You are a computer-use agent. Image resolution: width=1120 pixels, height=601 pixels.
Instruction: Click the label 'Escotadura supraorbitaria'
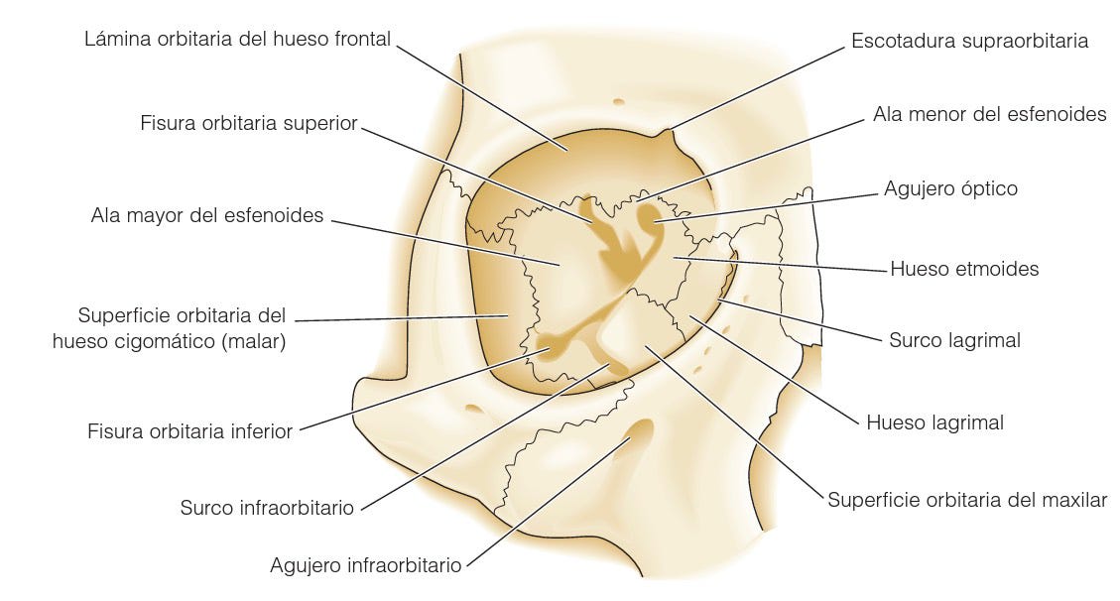click(969, 41)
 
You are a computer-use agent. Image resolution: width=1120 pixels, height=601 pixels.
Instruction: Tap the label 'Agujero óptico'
click(950, 188)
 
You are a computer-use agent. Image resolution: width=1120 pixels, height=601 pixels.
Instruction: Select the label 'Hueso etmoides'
click(964, 269)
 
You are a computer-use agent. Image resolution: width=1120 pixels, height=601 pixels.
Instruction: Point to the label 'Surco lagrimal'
click(954, 340)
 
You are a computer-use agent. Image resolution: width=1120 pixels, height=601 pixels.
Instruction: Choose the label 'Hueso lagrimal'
click(934, 422)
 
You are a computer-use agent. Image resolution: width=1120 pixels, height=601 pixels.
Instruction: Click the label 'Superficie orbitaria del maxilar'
click(967, 500)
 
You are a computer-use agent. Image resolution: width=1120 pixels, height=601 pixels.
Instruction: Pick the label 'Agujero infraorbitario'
click(366, 565)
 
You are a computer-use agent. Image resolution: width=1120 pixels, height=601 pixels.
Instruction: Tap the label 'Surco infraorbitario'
click(267, 508)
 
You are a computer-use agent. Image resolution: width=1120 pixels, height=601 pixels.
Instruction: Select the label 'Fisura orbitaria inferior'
click(190, 431)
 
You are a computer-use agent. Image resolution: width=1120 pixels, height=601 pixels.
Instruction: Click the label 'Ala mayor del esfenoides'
click(207, 215)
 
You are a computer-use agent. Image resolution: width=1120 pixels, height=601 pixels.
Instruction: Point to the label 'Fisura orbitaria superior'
click(249, 125)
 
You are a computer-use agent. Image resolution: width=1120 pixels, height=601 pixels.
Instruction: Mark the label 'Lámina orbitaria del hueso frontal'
click(238, 40)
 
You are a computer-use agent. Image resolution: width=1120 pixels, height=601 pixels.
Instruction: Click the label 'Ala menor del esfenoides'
click(989, 114)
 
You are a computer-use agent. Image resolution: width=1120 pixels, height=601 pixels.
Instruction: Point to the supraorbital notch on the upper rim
click(666, 132)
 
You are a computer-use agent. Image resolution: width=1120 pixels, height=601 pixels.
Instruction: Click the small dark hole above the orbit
click(618, 100)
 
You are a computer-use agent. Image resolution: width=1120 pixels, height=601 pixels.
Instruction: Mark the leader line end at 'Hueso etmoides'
click(676, 257)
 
